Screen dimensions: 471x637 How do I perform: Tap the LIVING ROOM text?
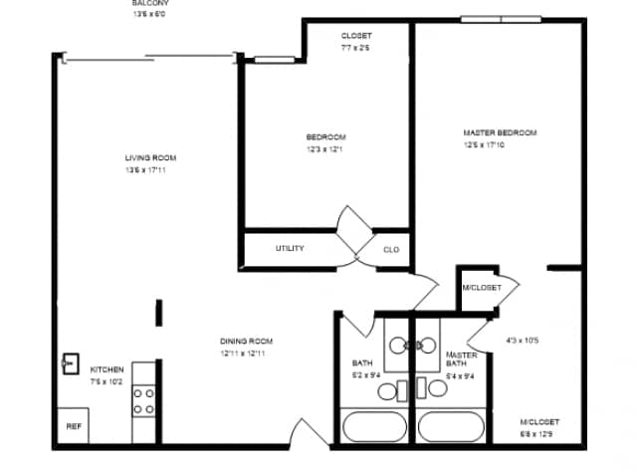tap(150, 158)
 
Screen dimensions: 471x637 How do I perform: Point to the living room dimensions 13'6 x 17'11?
tap(150, 171)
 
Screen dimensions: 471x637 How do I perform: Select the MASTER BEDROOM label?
tap(500, 132)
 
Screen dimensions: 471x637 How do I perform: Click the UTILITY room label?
tap(290, 248)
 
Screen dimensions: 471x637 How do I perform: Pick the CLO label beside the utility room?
tap(391, 249)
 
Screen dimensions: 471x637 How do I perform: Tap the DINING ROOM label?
tap(246, 342)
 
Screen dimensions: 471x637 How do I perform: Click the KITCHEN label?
tap(107, 368)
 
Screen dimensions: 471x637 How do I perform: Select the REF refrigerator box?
tap(73, 426)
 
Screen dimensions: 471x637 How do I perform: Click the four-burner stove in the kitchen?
tap(144, 400)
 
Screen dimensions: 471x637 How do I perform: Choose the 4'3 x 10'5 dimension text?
tap(523, 341)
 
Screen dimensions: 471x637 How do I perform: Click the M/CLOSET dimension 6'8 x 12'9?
tap(536, 434)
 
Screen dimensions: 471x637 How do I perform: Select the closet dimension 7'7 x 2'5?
tap(356, 48)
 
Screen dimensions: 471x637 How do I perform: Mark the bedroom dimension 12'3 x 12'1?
tap(325, 149)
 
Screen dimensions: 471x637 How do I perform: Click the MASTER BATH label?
tap(462, 358)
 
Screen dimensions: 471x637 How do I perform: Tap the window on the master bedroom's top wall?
tap(501, 19)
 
